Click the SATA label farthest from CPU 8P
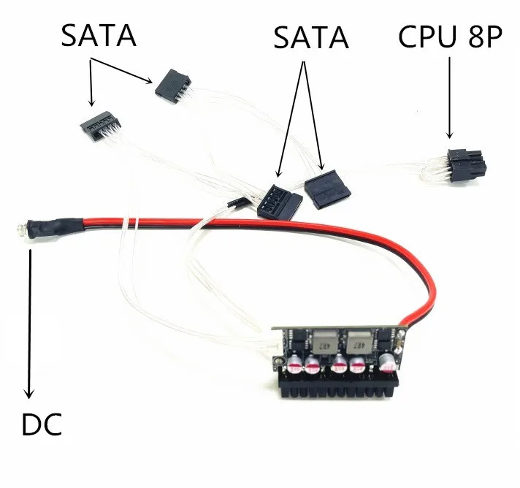pyautogui.click(x=99, y=35)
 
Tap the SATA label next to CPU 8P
pyautogui.click(x=310, y=38)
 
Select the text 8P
pyautogui.click(x=486, y=36)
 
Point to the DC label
pyautogui.click(x=42, y=424)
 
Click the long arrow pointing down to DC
pyautogui.click(x=29, y=324)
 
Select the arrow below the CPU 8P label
pyautogui.click(x=449, y=98)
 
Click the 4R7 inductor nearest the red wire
pyautogui.click(x=359, y=343)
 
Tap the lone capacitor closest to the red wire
pyautogui.click(x=387, y=362)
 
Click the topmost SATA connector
pyautogui.click(x=172, y=83)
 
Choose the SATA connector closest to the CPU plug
pyautogui.click(x=328, y=190)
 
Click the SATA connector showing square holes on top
pyautogui.click(x=280, y=202)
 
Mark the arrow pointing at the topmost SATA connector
pyautogui.click(x=121, y=70)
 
